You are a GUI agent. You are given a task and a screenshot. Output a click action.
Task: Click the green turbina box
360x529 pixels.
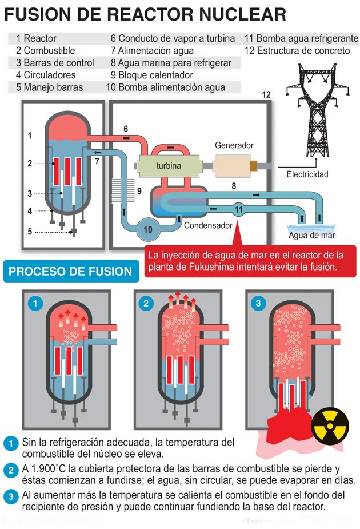point(169,166)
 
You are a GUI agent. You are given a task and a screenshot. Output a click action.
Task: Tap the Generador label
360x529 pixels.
point(234,145)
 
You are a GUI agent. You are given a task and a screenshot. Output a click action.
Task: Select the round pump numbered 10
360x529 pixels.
point(148,229)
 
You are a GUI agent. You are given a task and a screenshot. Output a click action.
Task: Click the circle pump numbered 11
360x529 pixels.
point(239,209)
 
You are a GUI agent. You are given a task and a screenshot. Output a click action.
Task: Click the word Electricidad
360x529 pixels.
point(307,174)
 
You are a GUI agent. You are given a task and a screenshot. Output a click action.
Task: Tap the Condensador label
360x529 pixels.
point(208,225)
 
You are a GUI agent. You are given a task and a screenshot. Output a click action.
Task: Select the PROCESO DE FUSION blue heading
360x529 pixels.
point(70,271)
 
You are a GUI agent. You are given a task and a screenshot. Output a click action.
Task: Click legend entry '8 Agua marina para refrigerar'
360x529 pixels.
point(171,63)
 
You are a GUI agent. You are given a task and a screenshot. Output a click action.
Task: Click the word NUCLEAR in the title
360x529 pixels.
point(239,14)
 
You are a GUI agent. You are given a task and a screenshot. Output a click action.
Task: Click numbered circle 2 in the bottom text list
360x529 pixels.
point(10,470)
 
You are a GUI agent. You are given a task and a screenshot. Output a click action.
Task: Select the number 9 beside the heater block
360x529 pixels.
point(138,190)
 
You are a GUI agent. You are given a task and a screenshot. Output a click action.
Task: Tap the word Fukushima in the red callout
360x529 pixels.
point(210,267)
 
